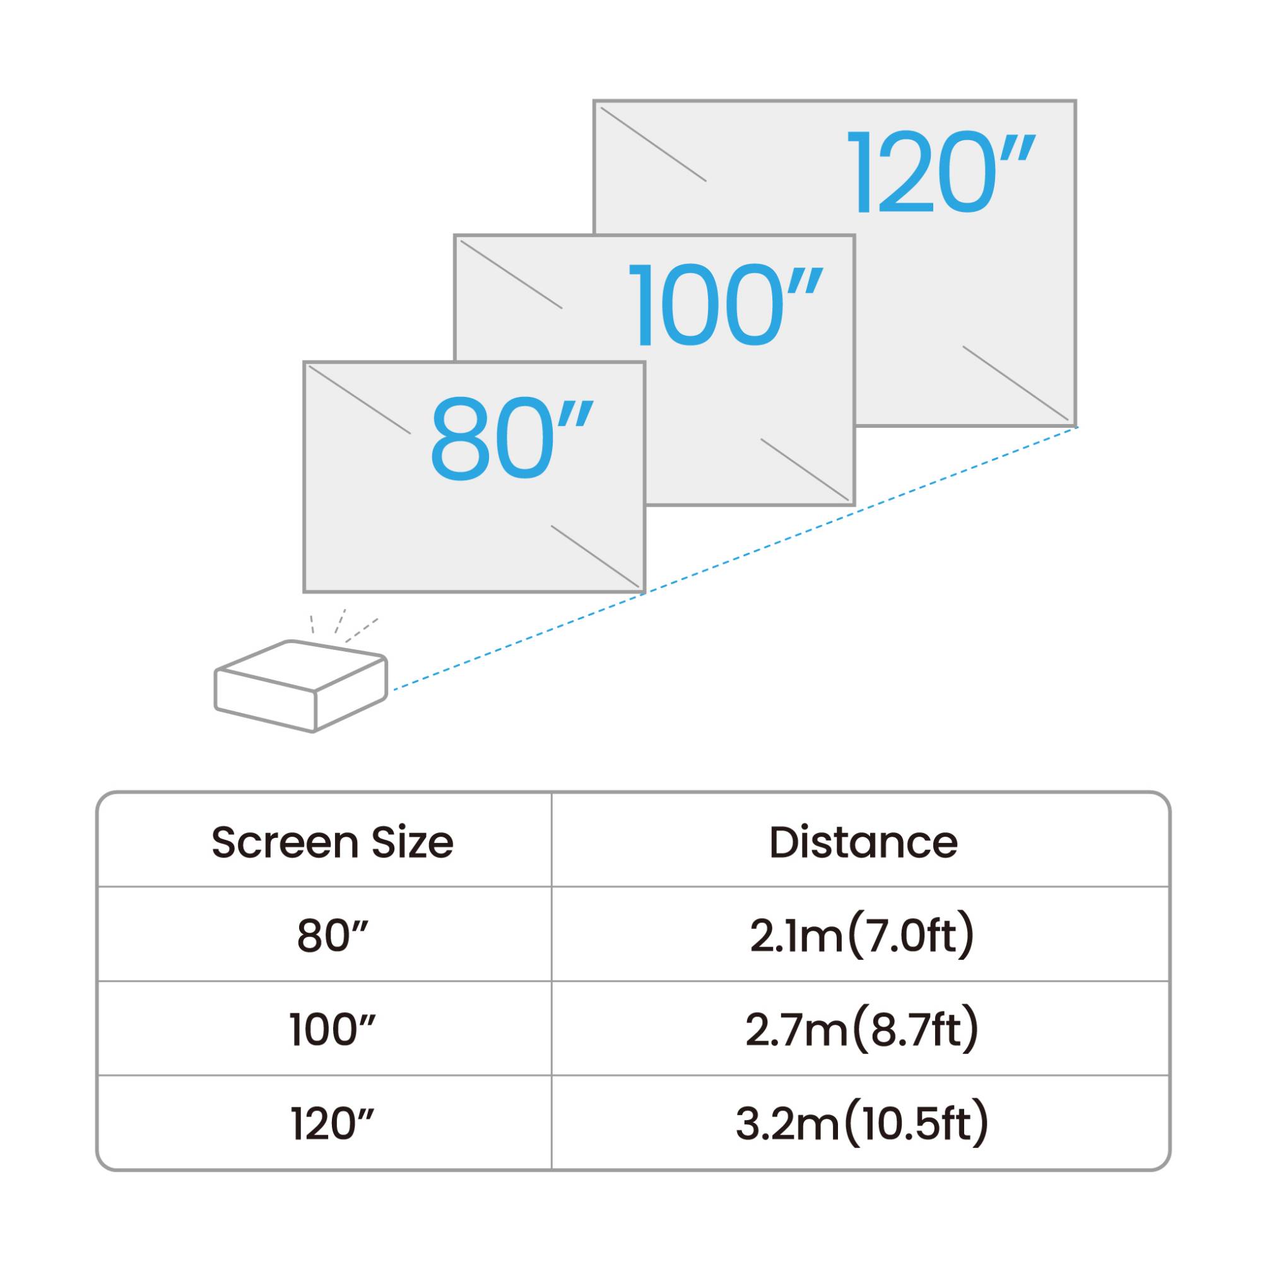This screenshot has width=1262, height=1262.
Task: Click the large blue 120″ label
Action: (940, 172)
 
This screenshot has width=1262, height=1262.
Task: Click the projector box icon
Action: (301, 687)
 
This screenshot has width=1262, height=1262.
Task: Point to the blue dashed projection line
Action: (735, 558)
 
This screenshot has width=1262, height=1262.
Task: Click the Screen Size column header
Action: (333, 842)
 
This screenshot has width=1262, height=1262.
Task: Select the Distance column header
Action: (864, 842)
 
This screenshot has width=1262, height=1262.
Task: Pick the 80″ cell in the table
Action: (333, 935)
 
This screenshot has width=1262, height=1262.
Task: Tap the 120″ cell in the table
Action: (333, 1124)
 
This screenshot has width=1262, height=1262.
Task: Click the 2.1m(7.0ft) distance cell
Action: (862, 935)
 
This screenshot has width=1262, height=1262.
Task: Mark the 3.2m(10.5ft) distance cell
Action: (862, 1124)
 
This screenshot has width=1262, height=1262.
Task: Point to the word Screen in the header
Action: (285, 842)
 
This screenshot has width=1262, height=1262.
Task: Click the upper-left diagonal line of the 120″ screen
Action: (653, 144)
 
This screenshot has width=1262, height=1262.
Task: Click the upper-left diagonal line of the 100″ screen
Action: (512, 274)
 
